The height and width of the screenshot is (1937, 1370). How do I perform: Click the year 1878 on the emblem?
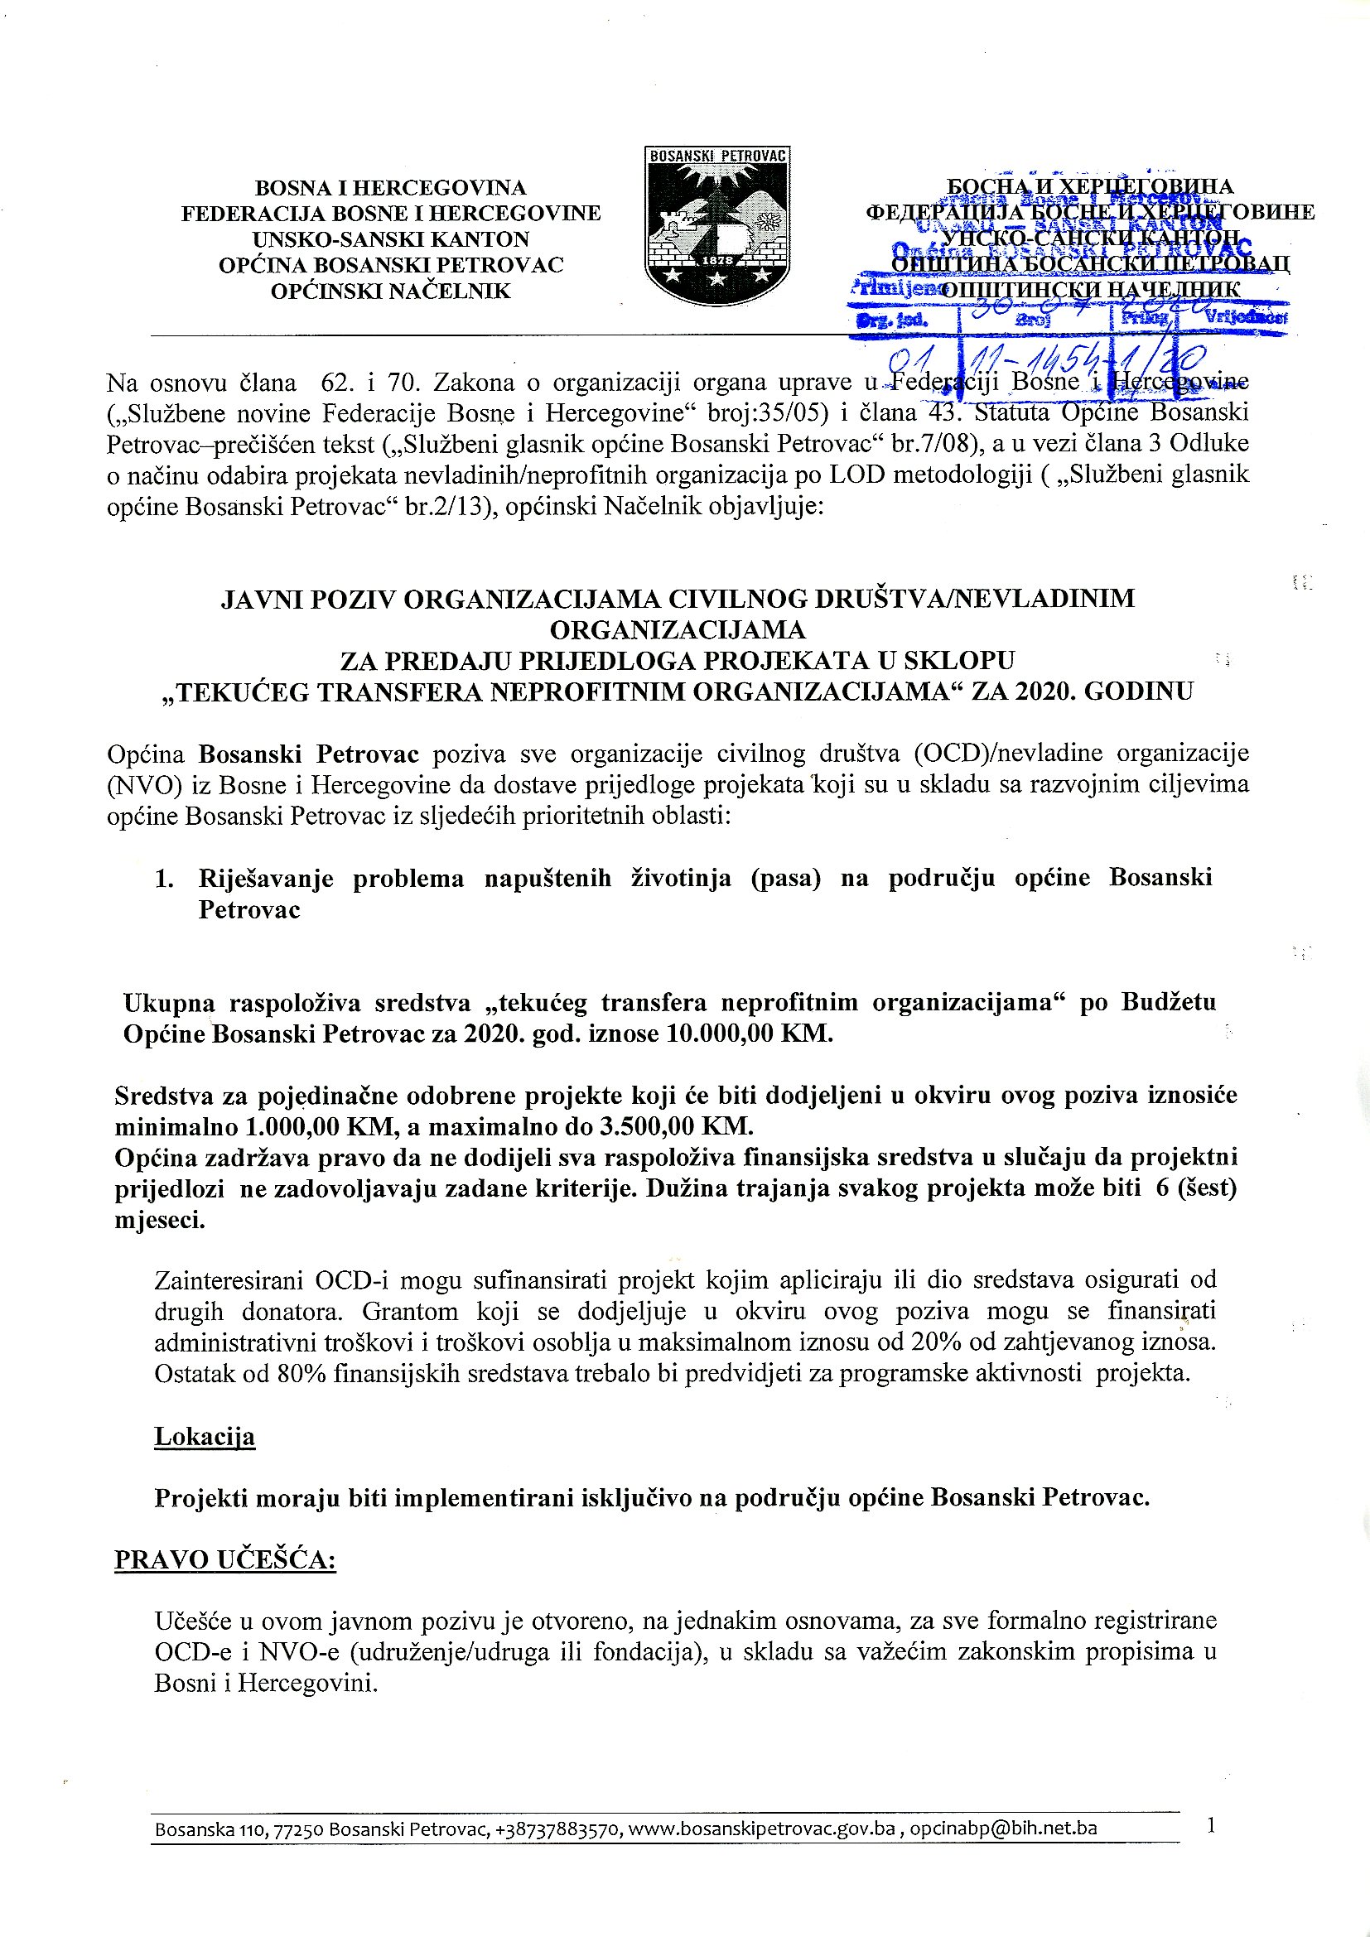tap(718, 261)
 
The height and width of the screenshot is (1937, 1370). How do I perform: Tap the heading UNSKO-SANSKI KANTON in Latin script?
tap(391, 239)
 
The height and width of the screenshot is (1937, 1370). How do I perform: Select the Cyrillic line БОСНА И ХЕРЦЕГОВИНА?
tap(1090, 186)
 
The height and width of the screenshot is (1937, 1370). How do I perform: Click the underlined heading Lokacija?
tap(204, 1437)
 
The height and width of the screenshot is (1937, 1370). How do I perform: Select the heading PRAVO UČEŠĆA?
tap(225, 1560)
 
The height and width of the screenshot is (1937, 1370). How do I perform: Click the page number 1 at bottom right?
tap(1212, 1826)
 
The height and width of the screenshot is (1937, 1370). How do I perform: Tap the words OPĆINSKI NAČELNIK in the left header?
tap(391, 292)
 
